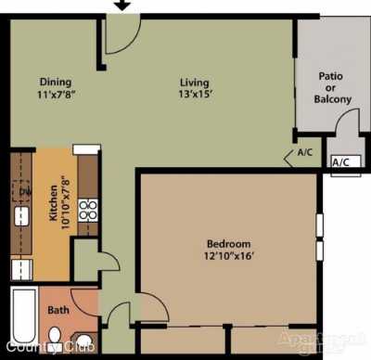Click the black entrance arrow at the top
pos(122,6)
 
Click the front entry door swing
pos(119,35)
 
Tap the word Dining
pos(55,81)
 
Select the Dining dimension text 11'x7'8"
pos(55,94)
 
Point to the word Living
pos(194,81)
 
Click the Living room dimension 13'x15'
pos(194,94)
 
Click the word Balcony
pos(333,99)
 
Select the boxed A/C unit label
pos(341,162)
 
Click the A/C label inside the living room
pos(305,153)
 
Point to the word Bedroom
pos(229,245)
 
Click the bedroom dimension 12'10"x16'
pos(229,258)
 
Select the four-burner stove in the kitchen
pos(87,211)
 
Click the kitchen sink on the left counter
pos(21,219)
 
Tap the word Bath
pos(58,310)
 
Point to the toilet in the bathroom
pos(56,335)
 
